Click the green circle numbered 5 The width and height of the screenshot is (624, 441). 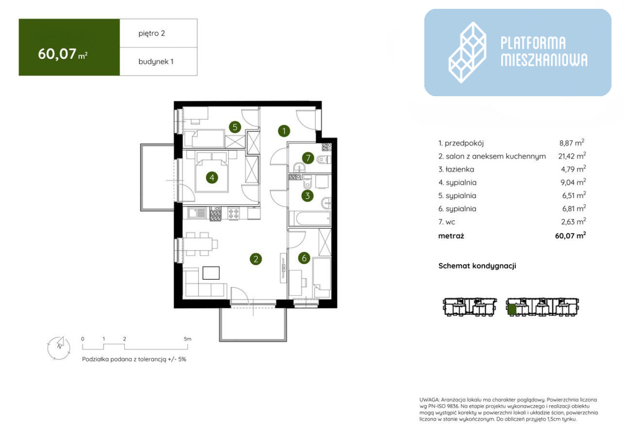[235, 127]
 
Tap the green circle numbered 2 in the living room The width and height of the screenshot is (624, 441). [256, 259]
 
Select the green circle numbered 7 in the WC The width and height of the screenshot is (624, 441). [308, 158]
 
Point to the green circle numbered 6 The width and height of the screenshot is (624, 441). [304, 258]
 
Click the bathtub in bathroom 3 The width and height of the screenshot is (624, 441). [310, 218]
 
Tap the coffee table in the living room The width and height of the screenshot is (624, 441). [211, 273]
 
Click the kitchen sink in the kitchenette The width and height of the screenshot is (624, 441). [197, 214]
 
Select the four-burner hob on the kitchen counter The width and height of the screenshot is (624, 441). [233, 214]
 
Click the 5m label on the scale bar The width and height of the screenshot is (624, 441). [188, 339]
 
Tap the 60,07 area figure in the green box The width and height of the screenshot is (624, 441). [57, 54]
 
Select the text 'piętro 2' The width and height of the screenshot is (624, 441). [151, 33]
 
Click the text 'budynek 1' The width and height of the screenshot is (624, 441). [156, 61]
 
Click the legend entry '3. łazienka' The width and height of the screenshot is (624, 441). [457, 169]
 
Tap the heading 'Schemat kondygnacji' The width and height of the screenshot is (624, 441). [477, 266]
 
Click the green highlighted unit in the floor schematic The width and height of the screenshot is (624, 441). [512, 309]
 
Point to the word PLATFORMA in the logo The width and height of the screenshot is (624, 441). [533, 43]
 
